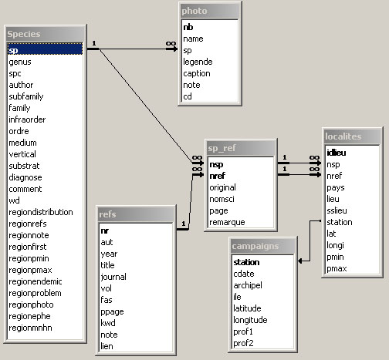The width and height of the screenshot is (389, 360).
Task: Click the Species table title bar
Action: click(x=46, y=34)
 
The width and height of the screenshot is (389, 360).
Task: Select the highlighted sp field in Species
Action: click(x=46, y=49)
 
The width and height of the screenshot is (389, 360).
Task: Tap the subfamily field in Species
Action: click(x=26, y=96)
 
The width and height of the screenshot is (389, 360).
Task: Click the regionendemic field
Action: click(x=36, y=281)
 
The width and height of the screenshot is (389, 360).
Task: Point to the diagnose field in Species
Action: click(x=25, y=177)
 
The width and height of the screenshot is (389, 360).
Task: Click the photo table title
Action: click(x=194, y=11)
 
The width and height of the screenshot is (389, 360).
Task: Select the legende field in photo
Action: click(x=198, y=62)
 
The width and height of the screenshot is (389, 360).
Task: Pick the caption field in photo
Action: click(x=197, y=73)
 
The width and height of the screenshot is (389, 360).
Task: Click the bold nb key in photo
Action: click(x=188, y=27)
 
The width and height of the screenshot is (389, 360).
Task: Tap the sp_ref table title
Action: click(x=222, y=148)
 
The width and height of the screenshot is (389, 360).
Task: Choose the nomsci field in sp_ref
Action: click(x=222, y=199)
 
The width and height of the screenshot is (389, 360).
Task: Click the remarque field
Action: click(x=227, y=222)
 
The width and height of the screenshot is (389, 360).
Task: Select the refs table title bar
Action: click(x=136, y=214)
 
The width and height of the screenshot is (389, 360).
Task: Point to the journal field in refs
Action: click(x=113, y=277)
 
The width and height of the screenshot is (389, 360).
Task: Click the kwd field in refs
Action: click(x=108, y=323)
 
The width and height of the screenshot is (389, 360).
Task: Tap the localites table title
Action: click(x=343, y=136)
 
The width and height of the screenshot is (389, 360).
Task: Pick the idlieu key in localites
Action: click(x=337, y=153)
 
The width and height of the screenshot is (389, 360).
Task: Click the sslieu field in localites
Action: click(x=337, y=210)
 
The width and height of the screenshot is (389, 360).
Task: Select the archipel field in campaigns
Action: click(x=248, y=285)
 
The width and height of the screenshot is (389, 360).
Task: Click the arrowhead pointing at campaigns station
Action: click(x=300, y=261)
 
